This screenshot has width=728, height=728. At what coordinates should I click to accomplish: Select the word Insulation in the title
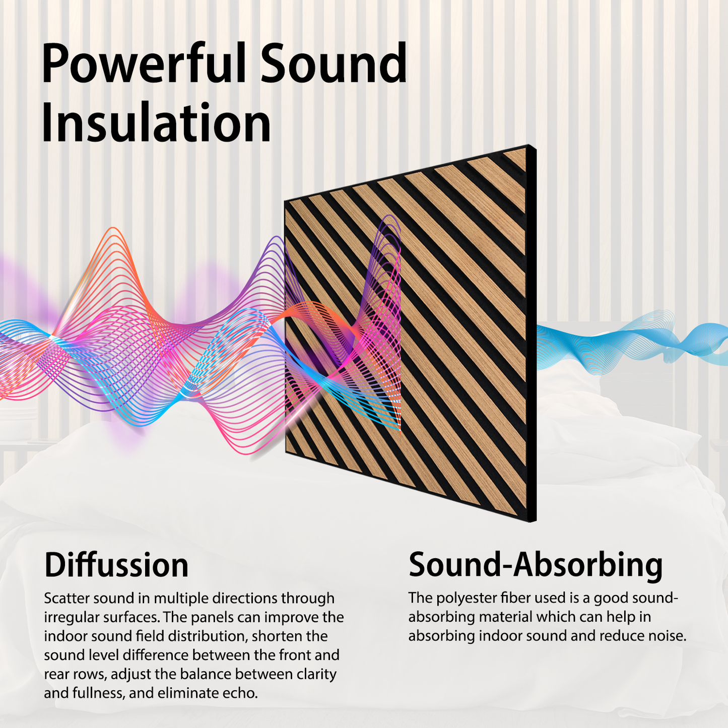pyautogui.click(x=156, y=123)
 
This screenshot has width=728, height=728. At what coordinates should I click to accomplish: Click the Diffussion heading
pyautogui.click(x=116, y=565)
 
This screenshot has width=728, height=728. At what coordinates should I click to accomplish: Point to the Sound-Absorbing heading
pyautogui.click(x=535, y=565)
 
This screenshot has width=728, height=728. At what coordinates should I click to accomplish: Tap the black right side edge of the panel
pyautogui.click(x=533, y=333)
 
